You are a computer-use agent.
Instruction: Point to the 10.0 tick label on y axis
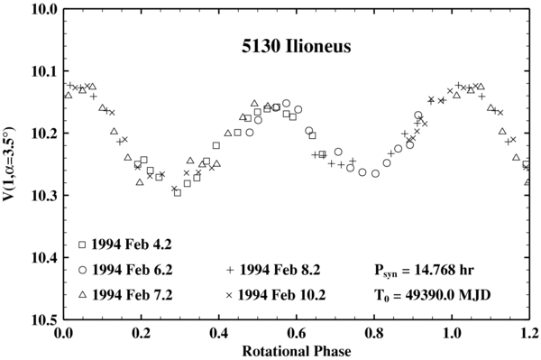43,9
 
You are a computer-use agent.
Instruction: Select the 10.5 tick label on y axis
43,320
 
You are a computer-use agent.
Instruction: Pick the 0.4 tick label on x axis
219,333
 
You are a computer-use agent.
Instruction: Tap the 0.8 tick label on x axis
375,333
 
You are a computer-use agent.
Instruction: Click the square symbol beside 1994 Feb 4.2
82,245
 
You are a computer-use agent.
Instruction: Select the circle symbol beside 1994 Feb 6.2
82,270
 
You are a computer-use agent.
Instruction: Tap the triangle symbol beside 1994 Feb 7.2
82,295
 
